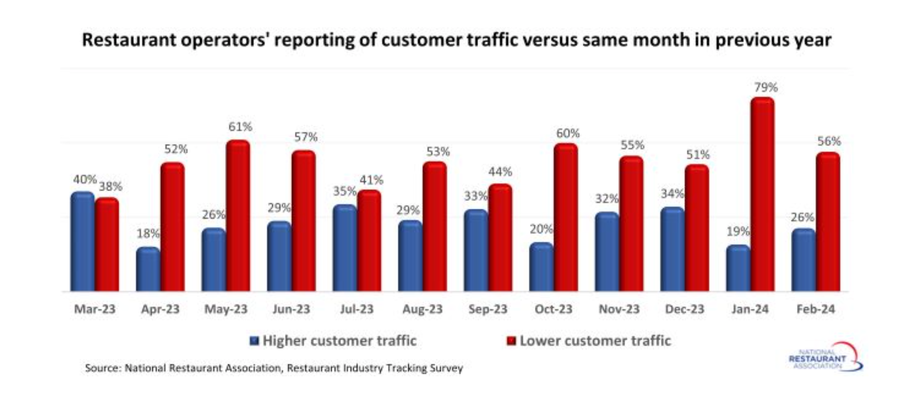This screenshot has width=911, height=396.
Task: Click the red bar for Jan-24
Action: pyautogui.click(x=762, y=194)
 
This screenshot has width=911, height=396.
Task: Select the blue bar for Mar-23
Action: pyautogui.click(x=83, y=242)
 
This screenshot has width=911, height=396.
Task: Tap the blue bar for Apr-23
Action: pyautogui.click(x=148, y=269)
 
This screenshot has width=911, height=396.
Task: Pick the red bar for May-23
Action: pyautogui.click(x=238, y=216)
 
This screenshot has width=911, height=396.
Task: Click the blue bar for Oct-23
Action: pyautogui.click(x=541, y=267)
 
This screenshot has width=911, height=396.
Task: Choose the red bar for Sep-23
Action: pyautogui.click(x=500, y=237)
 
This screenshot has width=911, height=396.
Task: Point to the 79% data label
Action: pyautogui.click(x=766, y=87)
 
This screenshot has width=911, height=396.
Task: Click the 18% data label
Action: pyautogui.click(x=148, y=233)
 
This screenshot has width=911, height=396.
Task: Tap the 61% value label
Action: pyautogui.click(x=240, y=127)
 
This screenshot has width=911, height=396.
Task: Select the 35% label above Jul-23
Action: pyautogui.click(x=345, y=192)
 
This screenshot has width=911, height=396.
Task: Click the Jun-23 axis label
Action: pyautogui.click(x=291, y=309)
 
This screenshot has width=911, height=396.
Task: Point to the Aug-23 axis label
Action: pyautogui.click(x=422, y=309)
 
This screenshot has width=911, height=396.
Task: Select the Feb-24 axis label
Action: pyautogui.click(x=815, y=309)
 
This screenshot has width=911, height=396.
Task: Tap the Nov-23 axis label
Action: pyautogui.click(x=619, y=309)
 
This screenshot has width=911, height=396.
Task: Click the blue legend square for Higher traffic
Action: pyautogui.click(x=254, y=341)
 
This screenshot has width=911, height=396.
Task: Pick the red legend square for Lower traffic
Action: pyautogui.click(x=511, y=341)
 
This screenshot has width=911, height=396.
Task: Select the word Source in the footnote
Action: pyautogui.click(x=103, y=368)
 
